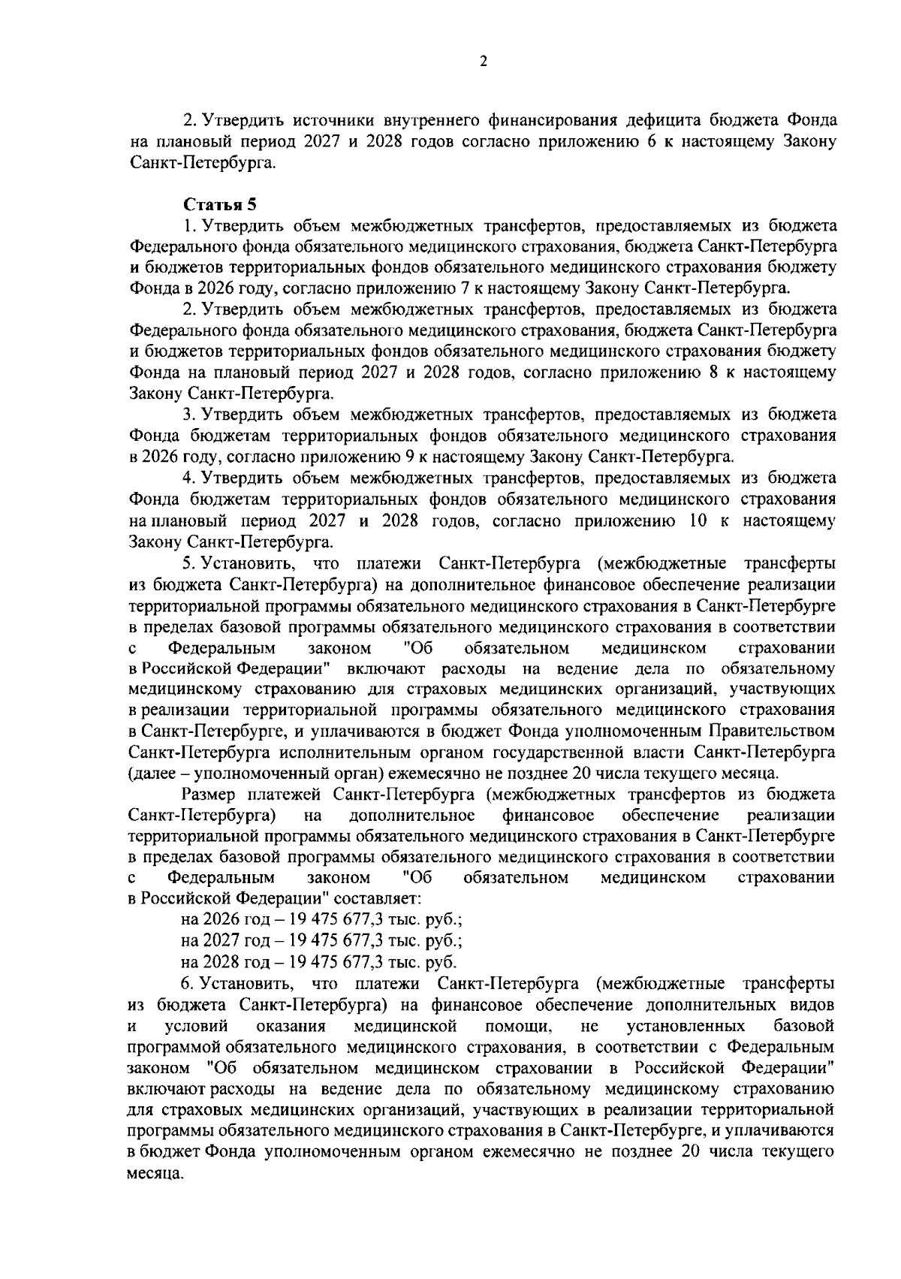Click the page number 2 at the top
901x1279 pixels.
[x=483, y=62]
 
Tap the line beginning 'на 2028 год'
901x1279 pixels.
[x=318, y=962]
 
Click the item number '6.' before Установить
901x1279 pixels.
[x=188, y=983]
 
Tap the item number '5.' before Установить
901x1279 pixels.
[x=188, y=563]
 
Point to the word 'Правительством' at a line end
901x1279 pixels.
[x=779, y=732]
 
